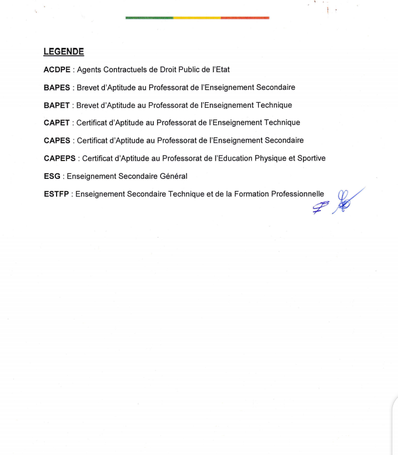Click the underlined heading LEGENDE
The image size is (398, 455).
click(x=64, y=52)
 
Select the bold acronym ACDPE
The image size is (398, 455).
click(x=57, y=70)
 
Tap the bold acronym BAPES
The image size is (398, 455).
click(x=57, y=88)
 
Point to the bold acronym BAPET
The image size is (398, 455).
click(x=57, y=105)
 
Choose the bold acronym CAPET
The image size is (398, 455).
click(x=57, y=123)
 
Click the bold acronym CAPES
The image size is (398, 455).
click(x=57, y=141)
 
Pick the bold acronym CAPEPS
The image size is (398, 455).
click(x=60, y=158)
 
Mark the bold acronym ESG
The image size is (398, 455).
click(x=52, y=176)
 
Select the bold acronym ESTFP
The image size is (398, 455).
click(x=57, y=194)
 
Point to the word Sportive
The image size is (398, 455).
click(x=311, y=158)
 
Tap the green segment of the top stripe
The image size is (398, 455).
click(x=149, y=18)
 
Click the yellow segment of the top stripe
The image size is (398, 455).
click(x=197, y=18)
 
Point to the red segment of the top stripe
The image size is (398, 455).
click(x=245, y=18)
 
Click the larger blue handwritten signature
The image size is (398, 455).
click(x=347, y=200)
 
